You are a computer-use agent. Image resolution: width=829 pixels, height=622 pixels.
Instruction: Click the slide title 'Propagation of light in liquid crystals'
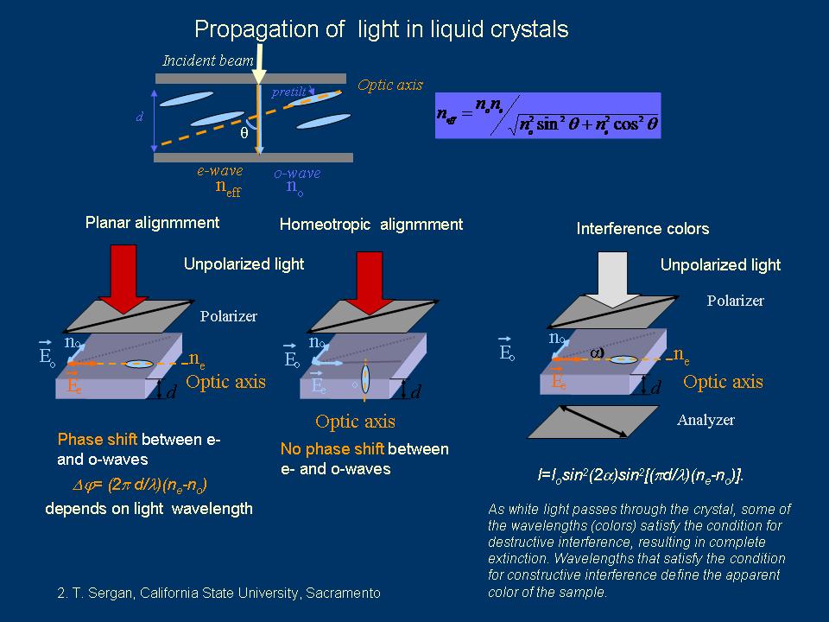[x=381, y=29]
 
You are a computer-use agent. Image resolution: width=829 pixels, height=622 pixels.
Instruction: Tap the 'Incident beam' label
[x=208, y=60]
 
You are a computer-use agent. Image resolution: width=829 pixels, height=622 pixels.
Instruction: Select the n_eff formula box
[x=548, y=116]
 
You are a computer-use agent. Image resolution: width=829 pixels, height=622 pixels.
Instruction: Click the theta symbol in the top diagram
[x=244, y=134]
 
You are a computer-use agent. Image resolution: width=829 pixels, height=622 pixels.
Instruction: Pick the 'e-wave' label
[x=220, y=172]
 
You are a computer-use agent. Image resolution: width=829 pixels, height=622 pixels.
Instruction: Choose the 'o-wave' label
[x=297, y=173]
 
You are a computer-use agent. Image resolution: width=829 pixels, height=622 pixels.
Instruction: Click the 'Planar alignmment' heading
[x=152, y=223]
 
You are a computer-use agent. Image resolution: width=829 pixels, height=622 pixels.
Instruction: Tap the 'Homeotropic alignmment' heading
[x=370, y=225]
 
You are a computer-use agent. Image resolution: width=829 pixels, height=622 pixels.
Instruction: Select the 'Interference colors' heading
[x=642, y=229]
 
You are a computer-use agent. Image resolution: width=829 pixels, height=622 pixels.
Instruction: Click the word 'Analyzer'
[x=706, y=421]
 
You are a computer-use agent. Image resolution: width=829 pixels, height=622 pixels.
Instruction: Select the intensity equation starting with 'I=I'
[x=640, y=475]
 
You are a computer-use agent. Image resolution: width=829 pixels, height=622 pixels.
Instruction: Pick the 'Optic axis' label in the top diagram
[x=390, y=86]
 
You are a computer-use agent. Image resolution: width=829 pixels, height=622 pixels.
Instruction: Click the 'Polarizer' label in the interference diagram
[x=735, y=301]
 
